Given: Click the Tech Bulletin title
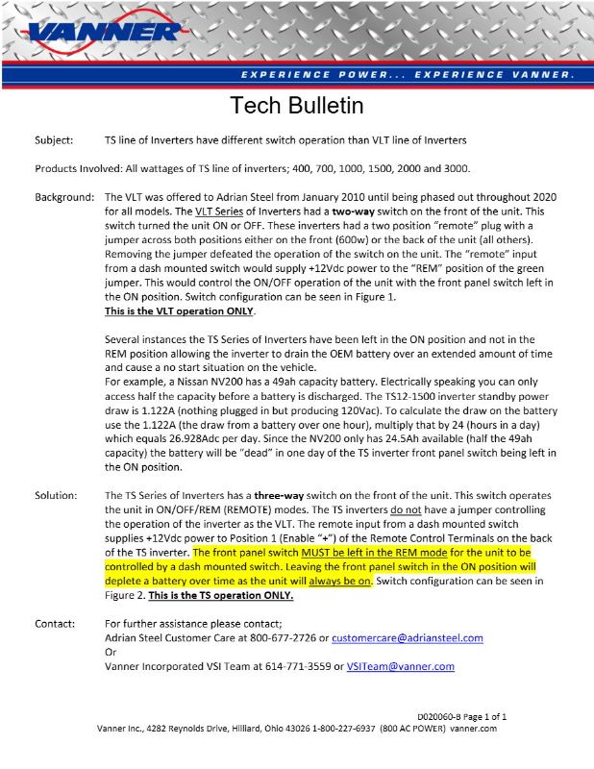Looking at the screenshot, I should pos(297,104).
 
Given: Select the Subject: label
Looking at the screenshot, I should pos(56,140).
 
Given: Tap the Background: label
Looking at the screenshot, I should pos(64,197).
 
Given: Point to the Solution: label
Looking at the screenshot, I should pos(58,495).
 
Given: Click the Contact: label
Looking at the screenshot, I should pos(57,623).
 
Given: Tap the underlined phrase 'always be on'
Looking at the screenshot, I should pos(335,582).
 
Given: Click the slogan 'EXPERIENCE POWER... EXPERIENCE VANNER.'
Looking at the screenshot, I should pos(408,74).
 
